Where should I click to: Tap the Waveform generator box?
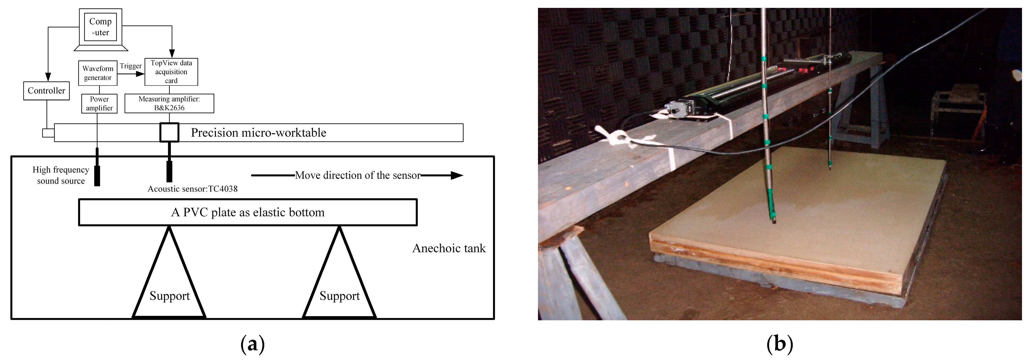98,73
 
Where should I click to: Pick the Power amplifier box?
99,103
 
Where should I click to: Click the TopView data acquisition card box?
171,72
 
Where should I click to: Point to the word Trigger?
131,66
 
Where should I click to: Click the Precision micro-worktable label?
258,133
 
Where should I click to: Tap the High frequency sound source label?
61,175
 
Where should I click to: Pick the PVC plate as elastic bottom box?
248,212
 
